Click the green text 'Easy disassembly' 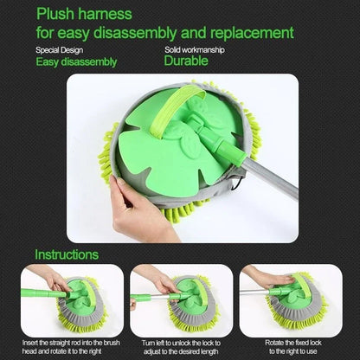[76, 61]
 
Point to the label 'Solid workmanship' [194, 49]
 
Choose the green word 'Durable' [187, 61]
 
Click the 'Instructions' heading [67, 255]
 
